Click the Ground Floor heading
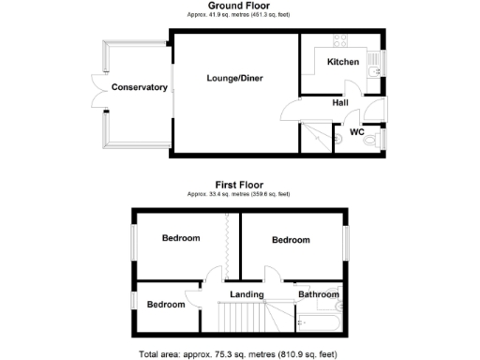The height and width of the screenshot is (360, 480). point(239,6)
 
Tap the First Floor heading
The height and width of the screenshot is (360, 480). point(239,185)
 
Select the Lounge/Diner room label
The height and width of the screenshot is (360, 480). point(233,80)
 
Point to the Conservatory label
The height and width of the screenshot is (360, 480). point(139,87)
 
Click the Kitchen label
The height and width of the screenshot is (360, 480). point(342,62)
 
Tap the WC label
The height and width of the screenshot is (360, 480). point(356,132)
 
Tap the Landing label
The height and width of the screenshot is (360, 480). point(247,294)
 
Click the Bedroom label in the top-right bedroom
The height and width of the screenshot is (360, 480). point(291,240)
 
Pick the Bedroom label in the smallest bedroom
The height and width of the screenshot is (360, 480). point(165,305)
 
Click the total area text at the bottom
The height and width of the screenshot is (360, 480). point(239,353)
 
